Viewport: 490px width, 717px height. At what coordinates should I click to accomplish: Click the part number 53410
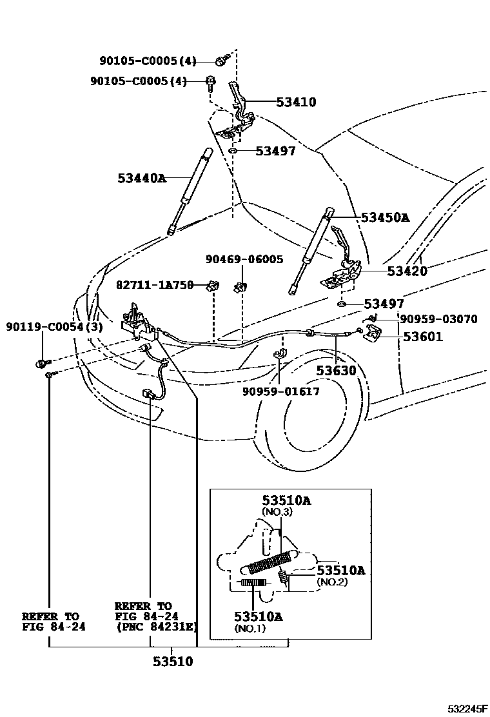tap(296, 102)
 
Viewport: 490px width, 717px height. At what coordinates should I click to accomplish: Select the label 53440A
tap(142, 177)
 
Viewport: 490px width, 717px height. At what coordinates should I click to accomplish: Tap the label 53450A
tap(385, 218)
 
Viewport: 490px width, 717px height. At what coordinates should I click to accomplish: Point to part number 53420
tap(407, 271)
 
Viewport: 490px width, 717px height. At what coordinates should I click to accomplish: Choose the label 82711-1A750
tap(155, 284)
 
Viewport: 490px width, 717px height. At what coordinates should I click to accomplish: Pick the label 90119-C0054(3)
tap(55, 328)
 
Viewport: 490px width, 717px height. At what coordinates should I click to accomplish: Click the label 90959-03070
tap(438, 319)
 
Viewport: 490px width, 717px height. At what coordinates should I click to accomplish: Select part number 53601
tap(423, 336)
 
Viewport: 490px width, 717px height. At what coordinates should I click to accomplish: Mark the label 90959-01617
tap(281, 391)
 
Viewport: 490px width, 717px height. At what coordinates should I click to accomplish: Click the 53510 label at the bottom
tap(173, 662)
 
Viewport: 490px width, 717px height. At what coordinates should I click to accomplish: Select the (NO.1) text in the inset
tap(250, 629)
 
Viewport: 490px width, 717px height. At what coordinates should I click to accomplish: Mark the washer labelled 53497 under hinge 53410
tap(233, 152)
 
